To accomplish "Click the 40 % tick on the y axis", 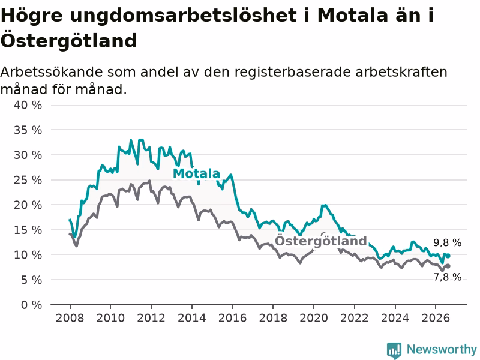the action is pos(28,106).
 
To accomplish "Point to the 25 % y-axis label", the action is pos(28,180).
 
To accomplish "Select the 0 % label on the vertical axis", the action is pos(31,305).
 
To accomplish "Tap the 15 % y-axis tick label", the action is pos(28,230).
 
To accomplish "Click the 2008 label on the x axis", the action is pos(70,318).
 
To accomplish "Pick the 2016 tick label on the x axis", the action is pos(232,318).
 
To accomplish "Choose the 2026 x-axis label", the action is pos(436,318).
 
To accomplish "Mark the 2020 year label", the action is pos(314,318).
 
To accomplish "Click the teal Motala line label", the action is pos(197,173).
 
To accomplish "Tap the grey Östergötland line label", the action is pos(321,241).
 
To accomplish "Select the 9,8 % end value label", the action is pos(447,243).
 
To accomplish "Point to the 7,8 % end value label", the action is pos(447,277).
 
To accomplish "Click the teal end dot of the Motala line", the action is pos(448,256).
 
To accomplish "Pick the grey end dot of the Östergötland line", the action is pos(448,266).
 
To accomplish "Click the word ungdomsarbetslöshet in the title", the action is pos(183,16).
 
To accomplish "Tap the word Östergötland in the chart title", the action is pos(68,40).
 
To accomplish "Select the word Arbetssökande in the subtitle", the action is pos(52,72).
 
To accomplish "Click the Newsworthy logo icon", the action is pos(394,350).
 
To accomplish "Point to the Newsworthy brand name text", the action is pos(442,349).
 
